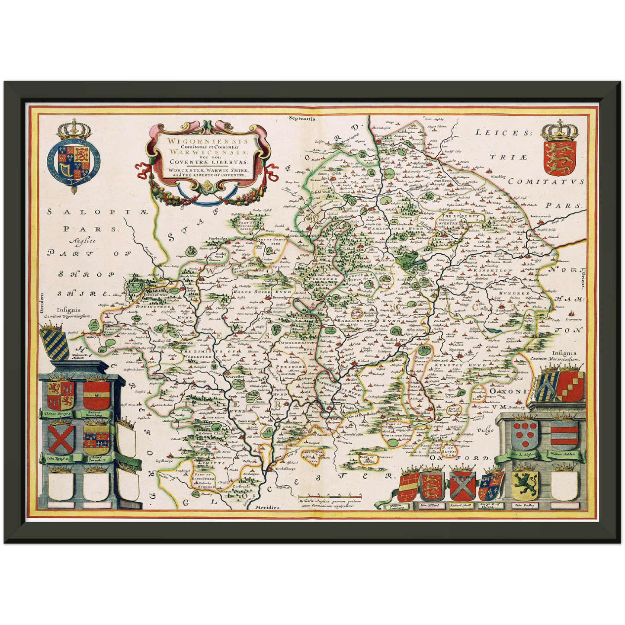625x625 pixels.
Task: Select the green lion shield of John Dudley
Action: [x=525, y=484]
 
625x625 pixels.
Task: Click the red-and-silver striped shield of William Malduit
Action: [x=564, y=435]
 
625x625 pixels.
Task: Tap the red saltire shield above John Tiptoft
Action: [x=61, y=439]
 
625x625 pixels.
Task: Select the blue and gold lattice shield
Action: [x=54, y=343]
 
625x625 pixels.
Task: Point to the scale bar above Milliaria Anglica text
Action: [x=330, y=496]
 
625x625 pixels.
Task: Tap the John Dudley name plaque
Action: [x=525, y=505]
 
